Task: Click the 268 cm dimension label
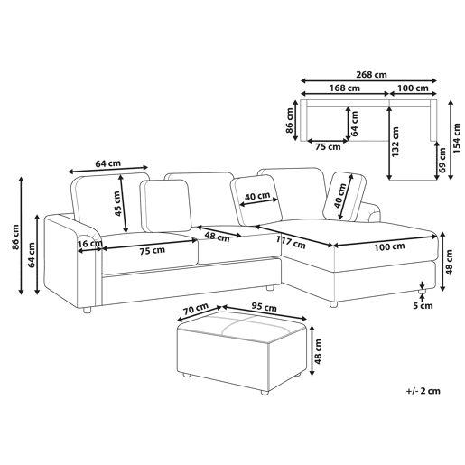tap(371, 74)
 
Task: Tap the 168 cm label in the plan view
tap(344, 88)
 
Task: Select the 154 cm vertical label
tap(457, 138)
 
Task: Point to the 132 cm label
tap(395, 142)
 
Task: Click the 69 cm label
tap(442, 160)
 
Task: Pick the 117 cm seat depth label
tap(291, 243)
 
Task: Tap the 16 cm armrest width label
tap(89, 243)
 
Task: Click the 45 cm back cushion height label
tap(117, 203)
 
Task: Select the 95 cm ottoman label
tap(264, 307)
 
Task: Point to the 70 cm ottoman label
tap(196, 309)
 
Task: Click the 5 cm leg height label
tap(423, 306)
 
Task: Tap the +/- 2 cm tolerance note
tap(423, 391)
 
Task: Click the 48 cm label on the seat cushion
tap(217, 237)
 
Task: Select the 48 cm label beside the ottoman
tap(318, 351)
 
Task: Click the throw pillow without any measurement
tap(166, 206)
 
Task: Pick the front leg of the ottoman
tap(265, 393)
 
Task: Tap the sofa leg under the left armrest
tap(87, 310)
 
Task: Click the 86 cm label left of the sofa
tap(15, 237)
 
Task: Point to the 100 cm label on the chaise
tap(389, 246)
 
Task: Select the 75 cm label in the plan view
tap(328, 147)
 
